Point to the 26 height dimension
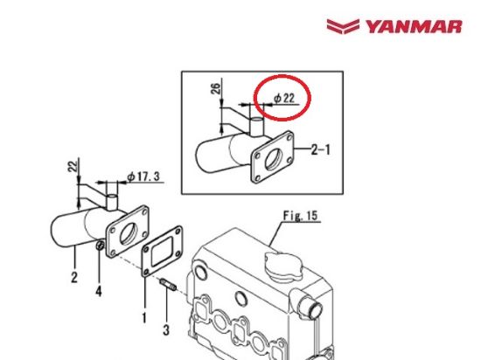216,91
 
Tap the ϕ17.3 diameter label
143,177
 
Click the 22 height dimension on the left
73,165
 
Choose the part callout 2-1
321,149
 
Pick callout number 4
98,291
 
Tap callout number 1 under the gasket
143,317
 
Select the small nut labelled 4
101,249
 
